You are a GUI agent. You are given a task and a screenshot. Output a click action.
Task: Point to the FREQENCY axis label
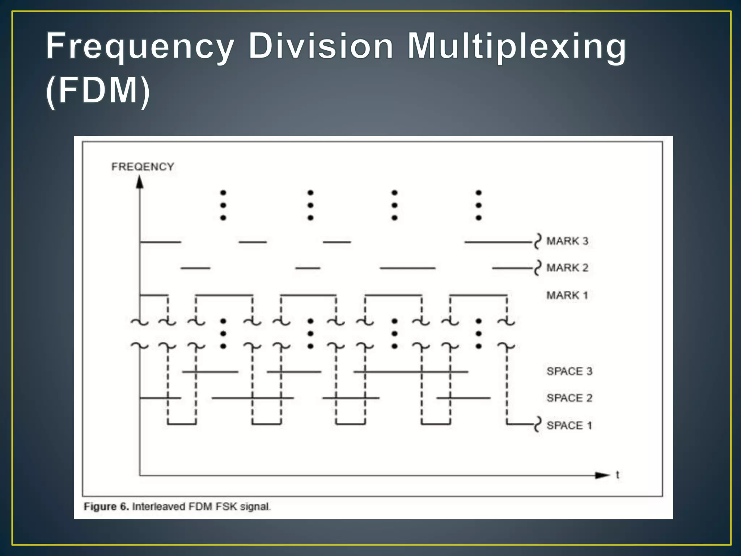pos(143,167)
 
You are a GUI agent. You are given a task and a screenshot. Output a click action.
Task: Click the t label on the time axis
pos(618,475)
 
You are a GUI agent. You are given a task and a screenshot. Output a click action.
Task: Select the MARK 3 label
pos(567,241)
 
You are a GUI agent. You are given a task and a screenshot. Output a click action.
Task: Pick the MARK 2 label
pos(567,268)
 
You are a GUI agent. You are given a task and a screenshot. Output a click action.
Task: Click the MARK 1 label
pos(567,295)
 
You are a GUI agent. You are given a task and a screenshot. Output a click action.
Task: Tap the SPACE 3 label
pos(569,371)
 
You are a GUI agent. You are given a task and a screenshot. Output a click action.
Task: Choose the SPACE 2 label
pos(569,398)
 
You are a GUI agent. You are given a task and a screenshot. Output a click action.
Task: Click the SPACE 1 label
pos(569,425)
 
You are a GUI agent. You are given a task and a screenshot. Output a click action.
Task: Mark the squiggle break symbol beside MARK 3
pos(538,241)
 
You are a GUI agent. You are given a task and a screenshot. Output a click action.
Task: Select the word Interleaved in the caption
pos(158,506)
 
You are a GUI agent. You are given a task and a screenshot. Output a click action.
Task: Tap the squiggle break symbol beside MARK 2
pos(538,268)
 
